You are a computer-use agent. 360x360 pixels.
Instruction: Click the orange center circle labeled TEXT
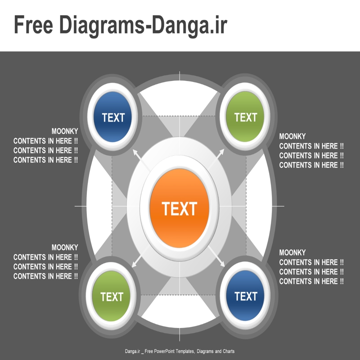pyautogui.click(x=179, y=208)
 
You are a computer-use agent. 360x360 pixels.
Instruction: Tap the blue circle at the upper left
pyautogui.click(x=112, y=117)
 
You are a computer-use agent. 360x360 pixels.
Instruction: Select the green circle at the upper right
pyautogui.click(x=245, y=117)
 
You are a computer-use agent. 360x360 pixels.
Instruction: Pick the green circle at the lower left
pyautogui.click(x=111, y=296)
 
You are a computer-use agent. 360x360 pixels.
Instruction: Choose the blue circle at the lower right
pyautogui.click(x=245, y=296)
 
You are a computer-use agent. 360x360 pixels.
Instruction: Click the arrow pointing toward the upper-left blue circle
pyautogui.click(x=141, y=160)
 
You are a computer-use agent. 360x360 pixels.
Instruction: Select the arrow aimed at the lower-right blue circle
pyautogui.click(x=216, y=256)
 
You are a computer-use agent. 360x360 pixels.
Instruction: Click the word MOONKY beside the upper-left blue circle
pyautogui.click(x=65, y=131)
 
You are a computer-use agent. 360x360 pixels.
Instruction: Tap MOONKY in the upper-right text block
pyautogui.click(x=292, y=136)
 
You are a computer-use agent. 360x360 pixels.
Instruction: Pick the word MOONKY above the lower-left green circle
pyautogui.click(x=65, y=247)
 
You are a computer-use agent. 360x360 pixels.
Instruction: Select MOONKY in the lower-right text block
pyautogui.click(x=292, y=252)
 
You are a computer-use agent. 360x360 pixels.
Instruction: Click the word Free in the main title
pyautogui.click(x=33, y=25)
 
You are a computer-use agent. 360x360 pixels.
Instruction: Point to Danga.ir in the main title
pyautogui.click(x=189, y=25)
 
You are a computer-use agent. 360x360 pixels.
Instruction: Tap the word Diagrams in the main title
pyautogui.click(x=102, y=25)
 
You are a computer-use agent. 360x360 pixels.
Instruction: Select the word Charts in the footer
pyautogui.click(x=229, y=351)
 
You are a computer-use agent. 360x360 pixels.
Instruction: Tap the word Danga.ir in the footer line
pyautogui.click(x=132, y=351)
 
